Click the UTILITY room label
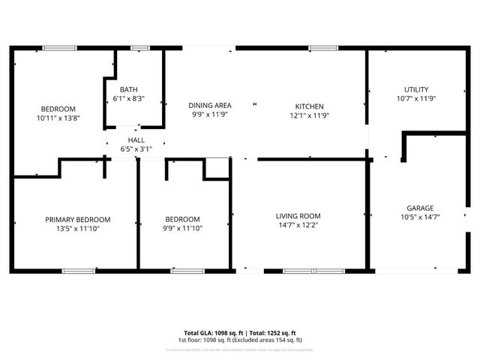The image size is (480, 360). pyautogui.click(x=415, y=89)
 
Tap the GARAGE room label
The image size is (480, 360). pyautogui.click(x=420, y=208)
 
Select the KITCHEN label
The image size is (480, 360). pyautogui.click(x=309, y=106)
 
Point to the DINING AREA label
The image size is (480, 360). pyautogui.click(x=209, y=106)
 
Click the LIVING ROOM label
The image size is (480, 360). pyautogui.click(x=298, y=216)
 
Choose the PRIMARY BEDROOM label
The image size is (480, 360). pyautogui.click(x=77, y=220)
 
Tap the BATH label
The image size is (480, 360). pyautogui.click(x=128, y=89)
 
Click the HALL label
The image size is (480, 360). pyautogui.click(x=136, y=140)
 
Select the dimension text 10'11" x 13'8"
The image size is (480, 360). pyautogui.click(x=58, y=118)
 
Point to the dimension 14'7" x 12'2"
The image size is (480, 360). pyautogui.click(x=298, y=226)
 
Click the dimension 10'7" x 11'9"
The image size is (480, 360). pyautogui.click(x=415, y=98)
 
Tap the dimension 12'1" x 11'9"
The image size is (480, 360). pyautogui.click(x=309, y=115)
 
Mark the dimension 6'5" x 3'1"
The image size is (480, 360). pyautogui.click(x=136, y=149)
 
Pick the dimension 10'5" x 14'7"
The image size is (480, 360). pyautogui.click(x=420, y=217)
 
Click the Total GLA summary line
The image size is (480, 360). pyautogui.click(x=240, y=332)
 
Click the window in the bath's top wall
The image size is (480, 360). pyautogui.click(x=139, y=48)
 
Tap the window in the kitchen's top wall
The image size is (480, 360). pyautogui.click(x=322, y=48)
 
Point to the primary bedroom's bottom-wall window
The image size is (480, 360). pyautogui.click(x=79, y=270)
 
